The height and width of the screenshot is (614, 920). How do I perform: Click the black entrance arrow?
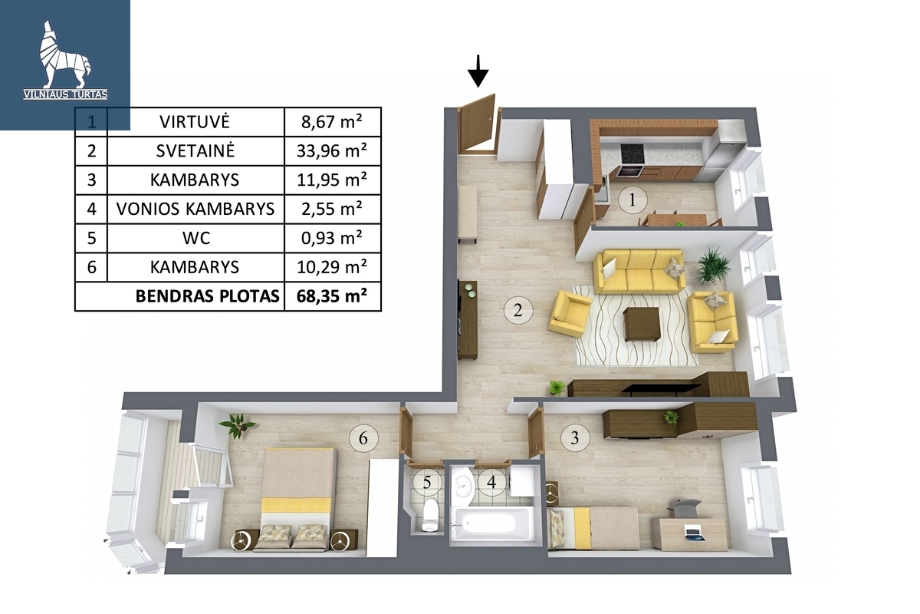tap(478, 71)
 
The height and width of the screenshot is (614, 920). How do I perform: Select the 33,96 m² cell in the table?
tap(332, 151)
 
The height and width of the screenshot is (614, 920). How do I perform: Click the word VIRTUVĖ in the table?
tap(195, 122)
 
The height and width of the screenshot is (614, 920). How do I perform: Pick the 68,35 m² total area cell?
tap(332, 296)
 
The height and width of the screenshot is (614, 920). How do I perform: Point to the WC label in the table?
tap(196, 238)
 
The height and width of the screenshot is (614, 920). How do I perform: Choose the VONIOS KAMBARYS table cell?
tap(195, 209)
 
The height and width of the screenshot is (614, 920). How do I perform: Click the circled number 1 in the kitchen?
tap(632, 200)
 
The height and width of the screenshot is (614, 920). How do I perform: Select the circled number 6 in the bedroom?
tap(363, 438)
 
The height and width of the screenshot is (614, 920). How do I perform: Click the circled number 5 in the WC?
tap(427, 483)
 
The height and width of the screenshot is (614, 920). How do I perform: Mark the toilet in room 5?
tap(430, 515)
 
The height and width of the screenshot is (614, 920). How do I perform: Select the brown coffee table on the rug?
tap(642, 325)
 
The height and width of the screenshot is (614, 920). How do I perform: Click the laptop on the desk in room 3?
tap(695, 533)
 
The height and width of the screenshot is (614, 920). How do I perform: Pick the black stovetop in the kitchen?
tap(633, 153)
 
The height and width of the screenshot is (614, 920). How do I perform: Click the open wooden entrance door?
tap(476, 124)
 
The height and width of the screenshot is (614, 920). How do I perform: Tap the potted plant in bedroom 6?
tap(238, 425)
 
